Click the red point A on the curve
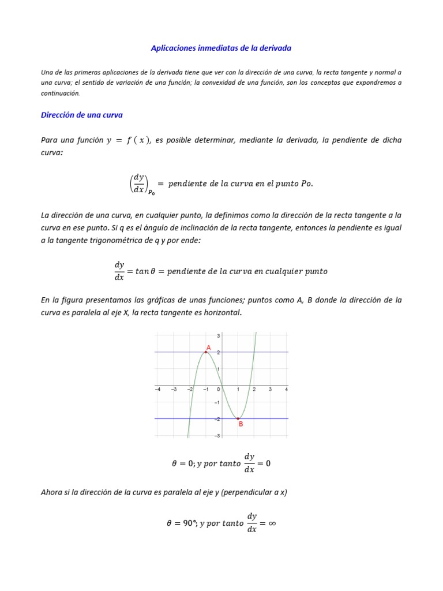(x=205, y=352)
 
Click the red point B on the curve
(x=238, y=418)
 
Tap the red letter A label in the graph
(x=209, y=347)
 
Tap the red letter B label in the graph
(x=241, y=424)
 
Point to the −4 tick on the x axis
(x=157, y=389)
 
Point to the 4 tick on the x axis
(x=286, y=389)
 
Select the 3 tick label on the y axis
(x=218, y=335)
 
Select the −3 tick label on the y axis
(x=217, y=435)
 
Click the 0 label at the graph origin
(x=219, y=389)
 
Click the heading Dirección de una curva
(x=81, y=115)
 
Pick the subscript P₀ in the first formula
(x=151, y=193)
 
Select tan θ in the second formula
(x=144, y=271)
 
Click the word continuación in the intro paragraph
(x=61, y=93)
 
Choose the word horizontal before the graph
(x=221, y=312)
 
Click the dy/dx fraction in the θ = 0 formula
(x=249, y=463)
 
